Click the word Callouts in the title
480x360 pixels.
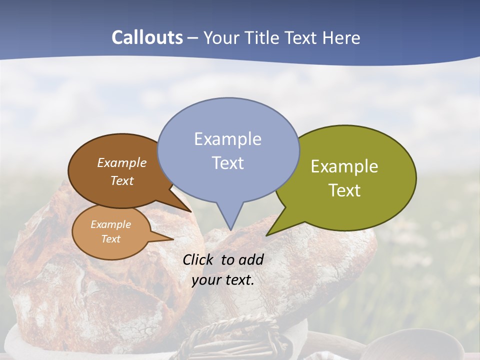(x=147, y=37)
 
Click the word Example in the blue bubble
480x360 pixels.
(x=227, y=139)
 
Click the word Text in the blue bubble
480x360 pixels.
(x=227, y=163)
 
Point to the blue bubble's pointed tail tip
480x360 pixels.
(x=230, y=229)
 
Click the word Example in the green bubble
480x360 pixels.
(x=344, y=166)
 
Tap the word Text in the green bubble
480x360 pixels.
(x=344, y=190)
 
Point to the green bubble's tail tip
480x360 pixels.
(x=266, y=235)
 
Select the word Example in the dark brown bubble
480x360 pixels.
(x=122, y=162)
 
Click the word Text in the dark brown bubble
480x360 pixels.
(x=122, y=180)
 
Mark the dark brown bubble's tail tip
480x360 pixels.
(x=191, y=211)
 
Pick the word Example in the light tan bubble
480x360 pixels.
(x=110, y=224)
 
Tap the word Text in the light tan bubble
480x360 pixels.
(x=110, y=239)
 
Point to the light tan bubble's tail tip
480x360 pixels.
(x=173, y=239)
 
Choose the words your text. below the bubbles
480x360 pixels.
(x=223, y=280)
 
